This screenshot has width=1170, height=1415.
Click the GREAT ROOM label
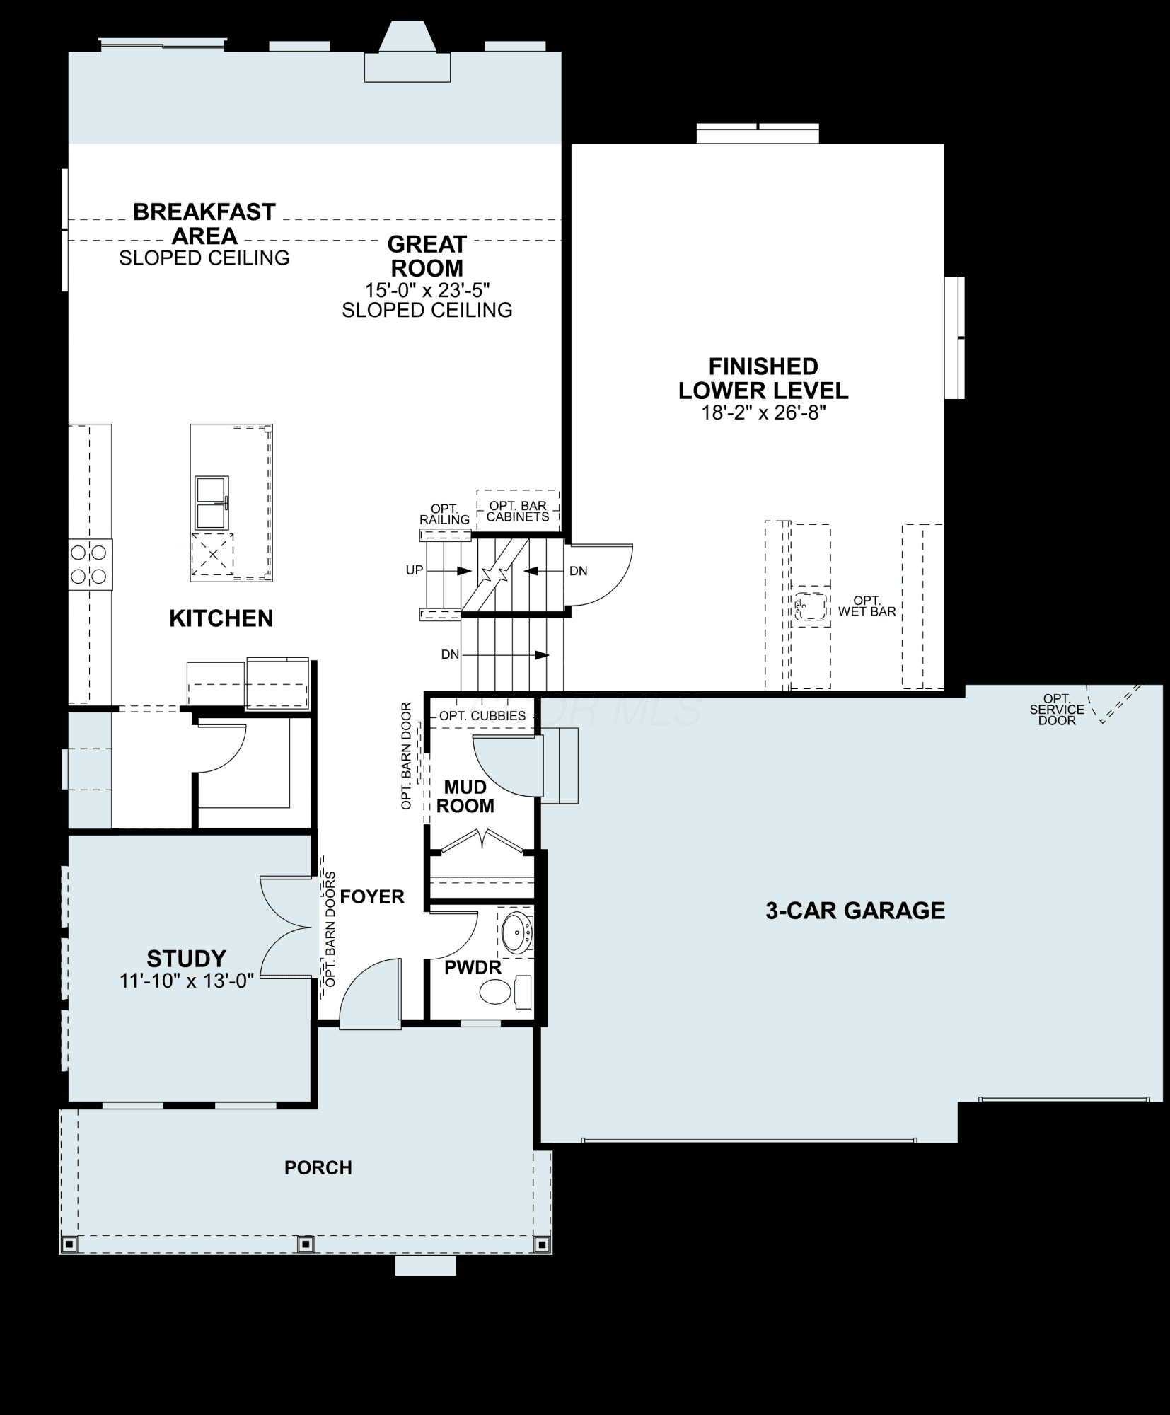coord(427,256)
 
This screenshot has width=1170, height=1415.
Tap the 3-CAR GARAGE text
coord(855,910)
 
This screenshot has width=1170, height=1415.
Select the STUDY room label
coord(187,959)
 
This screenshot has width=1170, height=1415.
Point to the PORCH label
coord(318,1167)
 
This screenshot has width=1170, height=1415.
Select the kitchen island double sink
coord(212,502)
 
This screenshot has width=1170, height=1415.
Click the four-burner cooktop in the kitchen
coord(90,565)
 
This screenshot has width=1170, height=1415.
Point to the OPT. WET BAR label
coord(867,606)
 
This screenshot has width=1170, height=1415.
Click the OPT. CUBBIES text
coord(482,716)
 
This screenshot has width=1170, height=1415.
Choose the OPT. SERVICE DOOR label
coord(1057,710)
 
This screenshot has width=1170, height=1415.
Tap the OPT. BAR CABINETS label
coord(518,512)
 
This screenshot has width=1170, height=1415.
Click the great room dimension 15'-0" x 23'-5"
coord(427,290)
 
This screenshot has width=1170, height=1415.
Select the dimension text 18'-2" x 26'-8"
coord(763,412)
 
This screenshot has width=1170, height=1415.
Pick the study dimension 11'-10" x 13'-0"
coord(187,981)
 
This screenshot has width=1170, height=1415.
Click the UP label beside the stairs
coord(415,570)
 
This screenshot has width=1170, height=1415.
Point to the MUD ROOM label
coord(465,797)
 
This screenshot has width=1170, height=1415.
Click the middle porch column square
coord(306,1243)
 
